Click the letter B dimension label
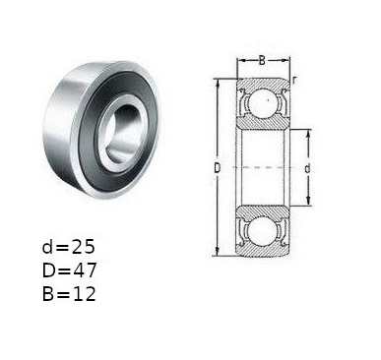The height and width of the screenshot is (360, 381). pos(262,60)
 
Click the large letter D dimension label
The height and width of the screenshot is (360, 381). pos(218,168)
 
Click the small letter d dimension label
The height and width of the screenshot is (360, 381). pos(307,168)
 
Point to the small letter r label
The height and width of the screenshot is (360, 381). pos(294,80)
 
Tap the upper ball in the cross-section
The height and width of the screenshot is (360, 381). pos(265,103)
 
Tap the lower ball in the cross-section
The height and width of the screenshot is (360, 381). pos(265,231)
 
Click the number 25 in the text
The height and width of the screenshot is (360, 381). pos(84,247)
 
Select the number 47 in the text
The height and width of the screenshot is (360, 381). pos(84,270)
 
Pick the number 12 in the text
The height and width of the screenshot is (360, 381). pos(84,294)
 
